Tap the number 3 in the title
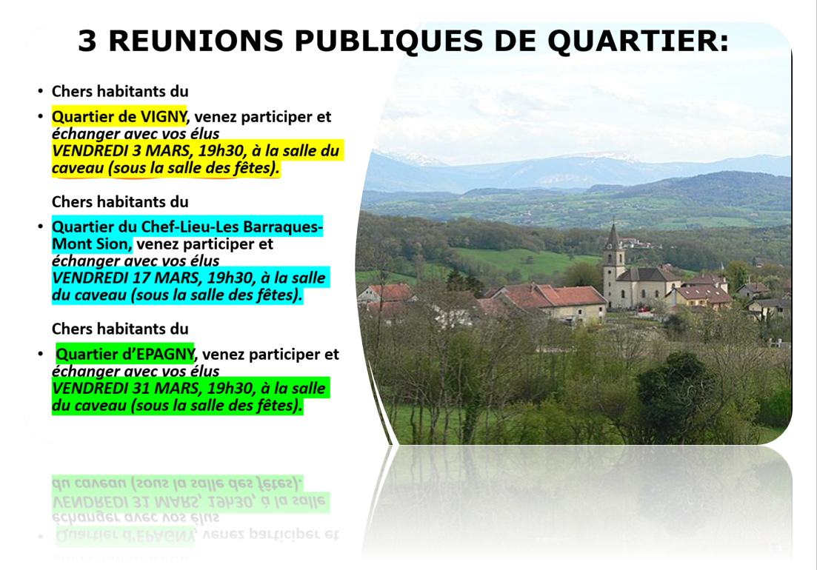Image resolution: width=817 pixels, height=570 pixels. click(87, 41)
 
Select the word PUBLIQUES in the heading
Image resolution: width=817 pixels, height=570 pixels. click(390, 41)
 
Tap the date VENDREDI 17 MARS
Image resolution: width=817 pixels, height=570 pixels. click(126, 278)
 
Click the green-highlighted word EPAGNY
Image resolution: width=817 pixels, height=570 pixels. click(166, 355)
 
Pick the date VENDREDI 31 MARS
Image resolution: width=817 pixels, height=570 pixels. click(126, 389)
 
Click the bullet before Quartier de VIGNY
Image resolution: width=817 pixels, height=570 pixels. click(40, 116)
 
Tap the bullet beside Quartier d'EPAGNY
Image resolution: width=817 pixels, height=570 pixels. click(40, 354)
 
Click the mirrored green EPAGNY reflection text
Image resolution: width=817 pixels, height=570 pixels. click(166, 535)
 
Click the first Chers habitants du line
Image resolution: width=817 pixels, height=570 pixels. click(120, 92)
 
